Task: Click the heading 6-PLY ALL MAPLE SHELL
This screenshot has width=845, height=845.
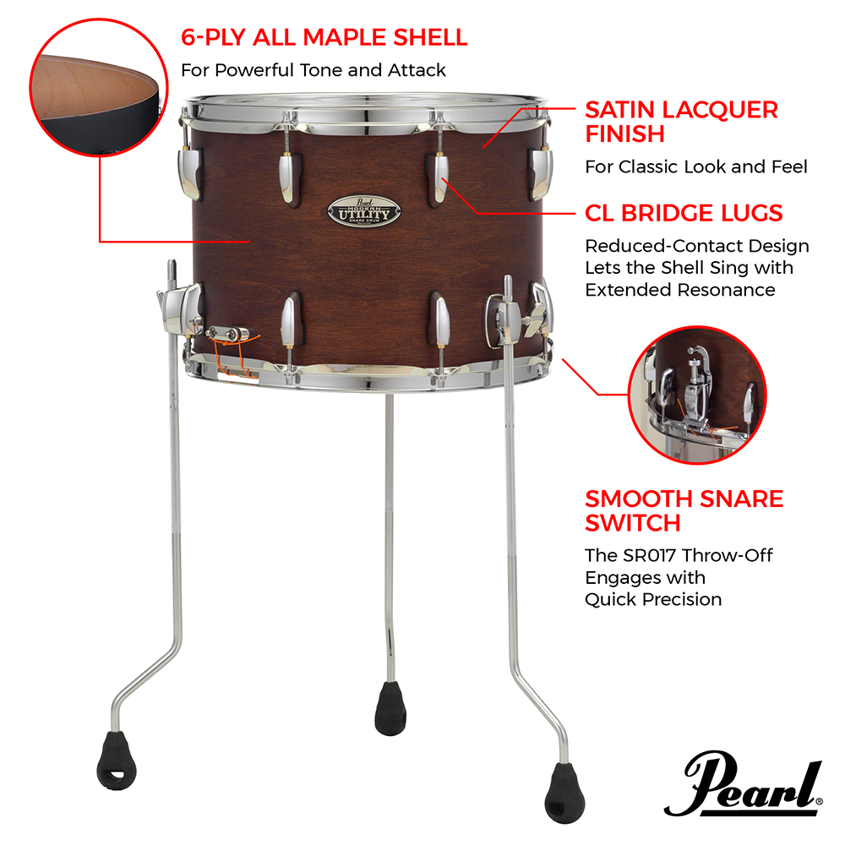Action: click(x=324, y=37)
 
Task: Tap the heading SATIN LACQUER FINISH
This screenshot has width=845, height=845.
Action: click(x=681, y=122)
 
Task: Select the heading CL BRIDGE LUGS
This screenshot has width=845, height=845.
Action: click(x=684, y=213)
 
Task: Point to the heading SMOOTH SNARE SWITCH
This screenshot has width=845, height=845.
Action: click(x=684, y=511)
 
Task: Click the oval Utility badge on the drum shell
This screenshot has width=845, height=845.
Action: click(x=364, y=212)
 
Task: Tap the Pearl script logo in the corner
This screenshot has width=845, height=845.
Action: click(x=744, y=784)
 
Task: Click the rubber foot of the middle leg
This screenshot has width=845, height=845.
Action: click(x=390, y=708)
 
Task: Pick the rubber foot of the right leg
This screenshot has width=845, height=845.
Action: click(x=564, y=793)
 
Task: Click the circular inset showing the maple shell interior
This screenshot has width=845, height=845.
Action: click(x=99, y=87)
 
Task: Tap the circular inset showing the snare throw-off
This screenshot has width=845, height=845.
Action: click(x=697, y=395)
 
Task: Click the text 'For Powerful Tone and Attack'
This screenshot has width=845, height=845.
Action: click(x=313, y=70)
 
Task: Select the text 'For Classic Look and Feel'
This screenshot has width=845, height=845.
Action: click(x=696, y=167)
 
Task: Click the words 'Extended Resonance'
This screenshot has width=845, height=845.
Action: click(x=680, y=290)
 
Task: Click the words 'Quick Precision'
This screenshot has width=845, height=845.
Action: click(x=653, y=599)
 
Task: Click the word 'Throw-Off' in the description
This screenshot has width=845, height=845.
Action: click(x=727, y=555)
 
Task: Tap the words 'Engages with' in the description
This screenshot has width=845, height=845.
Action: click(x=645, y=578)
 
